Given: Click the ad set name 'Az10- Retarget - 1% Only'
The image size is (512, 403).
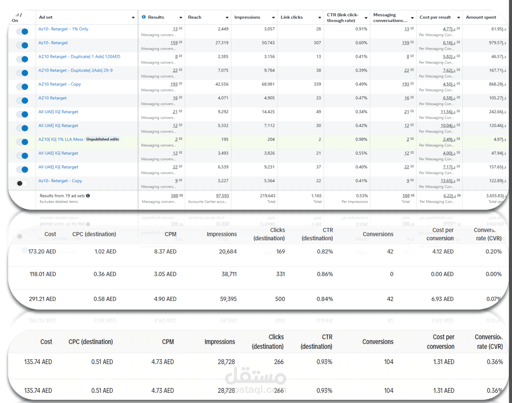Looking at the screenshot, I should pyautogui.click(x=63, y=29).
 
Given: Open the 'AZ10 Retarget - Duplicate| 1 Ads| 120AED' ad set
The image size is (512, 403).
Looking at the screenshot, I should pyautogui.click(x=79, y=57).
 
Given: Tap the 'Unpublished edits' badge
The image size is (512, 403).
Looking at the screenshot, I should pyautogui.click(x=103, y=139).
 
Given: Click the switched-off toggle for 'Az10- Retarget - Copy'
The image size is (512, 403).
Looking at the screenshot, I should pyautogui.click(x=22, y=183).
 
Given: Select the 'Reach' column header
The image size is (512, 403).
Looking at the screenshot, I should pyautogui.click(x=195, y=17).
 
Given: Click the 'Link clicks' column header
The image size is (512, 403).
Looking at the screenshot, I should pyautogui.click(x=292, y=17).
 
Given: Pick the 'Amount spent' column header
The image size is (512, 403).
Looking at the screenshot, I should pyautogui.click(x=481, y=17).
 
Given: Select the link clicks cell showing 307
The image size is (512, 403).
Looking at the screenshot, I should pyautogui.click(x=317, y=43).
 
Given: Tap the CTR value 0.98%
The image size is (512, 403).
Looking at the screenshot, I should pyautogui.click(x=361, y=139).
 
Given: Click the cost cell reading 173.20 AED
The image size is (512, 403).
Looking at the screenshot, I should pyautogui.click(x=42, y=251).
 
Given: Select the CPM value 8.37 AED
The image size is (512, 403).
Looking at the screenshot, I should pyautogui.click(x=164, y=251).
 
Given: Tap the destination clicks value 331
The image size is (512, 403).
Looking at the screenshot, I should pyautogui.click(x=280, y=274).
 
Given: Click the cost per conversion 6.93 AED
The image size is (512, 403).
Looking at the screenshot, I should pyautogui.click(x=442, y=299).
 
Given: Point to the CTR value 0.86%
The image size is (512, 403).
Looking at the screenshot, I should pyautogui.click(x=324, y=274).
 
